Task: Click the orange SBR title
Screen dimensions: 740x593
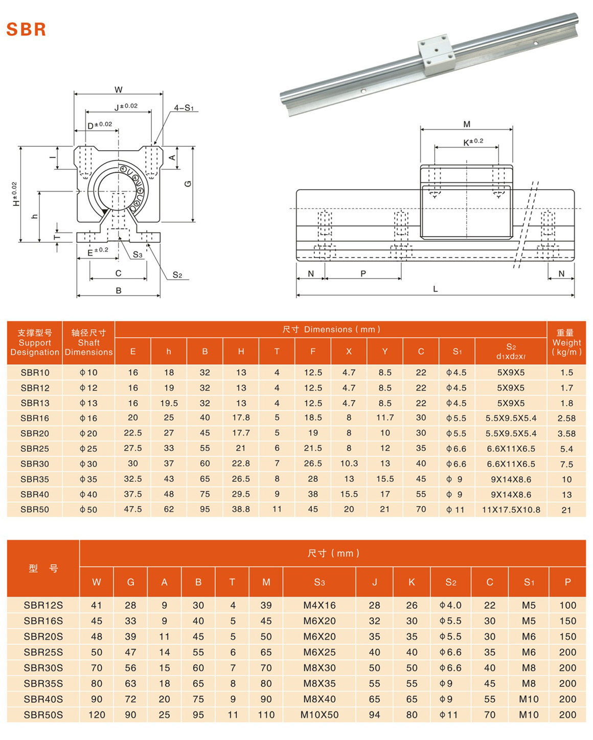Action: pos(27,29)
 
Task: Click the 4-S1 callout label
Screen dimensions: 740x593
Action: pos(184,108)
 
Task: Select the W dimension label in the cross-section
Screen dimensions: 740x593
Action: pos(119,90)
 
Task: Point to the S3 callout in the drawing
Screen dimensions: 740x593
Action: pos(138,255)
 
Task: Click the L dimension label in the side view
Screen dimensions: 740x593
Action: pos(436,289)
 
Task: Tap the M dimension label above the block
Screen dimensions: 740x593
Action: pos(466,124)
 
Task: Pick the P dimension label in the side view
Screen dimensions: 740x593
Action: pos(363,273)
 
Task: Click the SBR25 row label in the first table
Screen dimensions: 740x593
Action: pos(35,449)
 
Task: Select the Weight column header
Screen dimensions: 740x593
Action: pos(566,342)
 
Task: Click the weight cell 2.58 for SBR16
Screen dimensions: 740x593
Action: pos(566,418)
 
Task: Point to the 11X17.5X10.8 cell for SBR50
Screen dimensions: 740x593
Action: pos(511,510)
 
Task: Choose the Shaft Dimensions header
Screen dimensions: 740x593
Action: pos(88,342)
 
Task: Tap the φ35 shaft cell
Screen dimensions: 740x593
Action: pos(88,479)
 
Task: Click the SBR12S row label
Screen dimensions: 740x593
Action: pos(43,605)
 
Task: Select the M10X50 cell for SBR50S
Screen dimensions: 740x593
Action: pos(320,715)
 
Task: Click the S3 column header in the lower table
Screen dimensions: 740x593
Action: pos(320,582)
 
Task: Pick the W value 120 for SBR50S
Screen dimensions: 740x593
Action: pos(97,715)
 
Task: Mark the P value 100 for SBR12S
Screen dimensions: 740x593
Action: pos(567,605)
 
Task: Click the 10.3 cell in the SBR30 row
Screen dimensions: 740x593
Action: pos(349,464)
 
